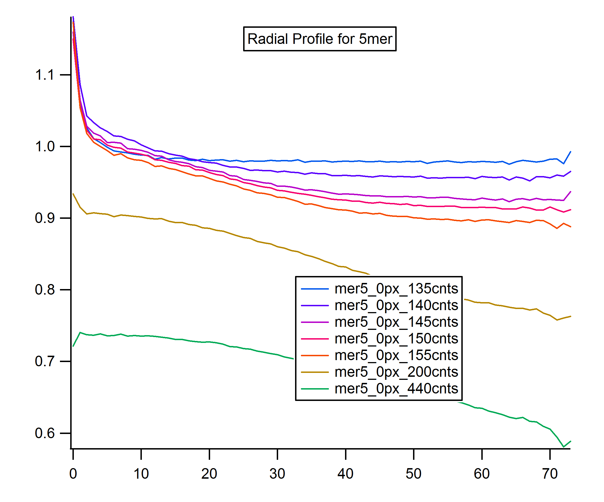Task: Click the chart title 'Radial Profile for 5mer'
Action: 319,39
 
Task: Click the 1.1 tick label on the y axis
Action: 45,75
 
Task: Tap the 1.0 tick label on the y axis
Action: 45,146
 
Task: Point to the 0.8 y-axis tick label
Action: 45,289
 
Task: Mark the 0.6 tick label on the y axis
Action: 45,433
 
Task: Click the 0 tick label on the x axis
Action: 73,474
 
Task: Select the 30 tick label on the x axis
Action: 277,474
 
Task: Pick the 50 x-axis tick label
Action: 413,474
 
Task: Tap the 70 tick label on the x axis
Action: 550,474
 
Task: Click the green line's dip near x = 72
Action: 564,447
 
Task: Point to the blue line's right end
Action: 571,152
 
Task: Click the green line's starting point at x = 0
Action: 73,346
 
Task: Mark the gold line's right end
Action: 571,317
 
